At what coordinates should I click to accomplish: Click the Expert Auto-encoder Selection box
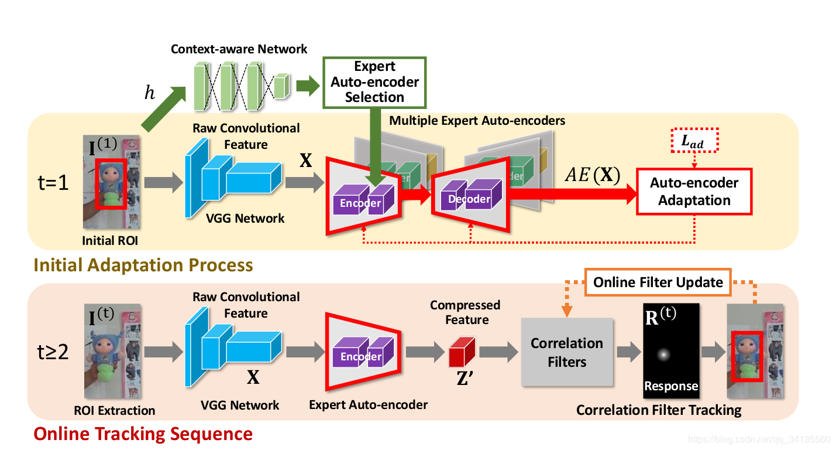point(374,82)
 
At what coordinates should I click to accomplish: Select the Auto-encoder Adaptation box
point(694,192)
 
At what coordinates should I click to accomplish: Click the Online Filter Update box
point(658,282)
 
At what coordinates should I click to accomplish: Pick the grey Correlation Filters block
point(566,352)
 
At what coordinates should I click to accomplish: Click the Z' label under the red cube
point(465,378)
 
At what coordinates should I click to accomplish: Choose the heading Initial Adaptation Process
point(143,265)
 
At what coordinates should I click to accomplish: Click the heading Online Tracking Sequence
point(143,434)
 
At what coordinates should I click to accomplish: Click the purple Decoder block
point(470,197)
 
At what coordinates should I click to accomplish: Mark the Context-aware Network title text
point(239,49)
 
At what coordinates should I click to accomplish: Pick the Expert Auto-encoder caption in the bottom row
point(368,405)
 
